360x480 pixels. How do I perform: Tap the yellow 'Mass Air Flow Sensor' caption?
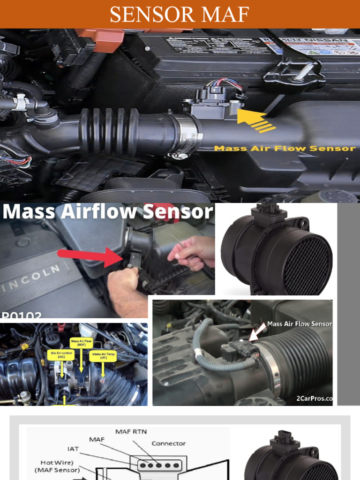[x=285, y=149]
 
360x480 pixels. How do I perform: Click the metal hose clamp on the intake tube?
[x=188, y=133]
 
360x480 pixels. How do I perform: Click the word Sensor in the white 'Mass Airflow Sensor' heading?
[x=178, y=212]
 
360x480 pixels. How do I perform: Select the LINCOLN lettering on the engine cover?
[x=33, y=279]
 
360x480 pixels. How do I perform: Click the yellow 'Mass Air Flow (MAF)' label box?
[x=81, y=343]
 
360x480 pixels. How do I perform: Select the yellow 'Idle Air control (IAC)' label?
[x=60, y=355]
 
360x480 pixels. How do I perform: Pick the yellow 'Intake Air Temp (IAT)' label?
[x=102, y=355]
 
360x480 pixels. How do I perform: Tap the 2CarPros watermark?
[x=314, y=399]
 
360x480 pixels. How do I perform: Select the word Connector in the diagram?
[x=168, y=443]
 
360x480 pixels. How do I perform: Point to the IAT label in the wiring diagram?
[x=73, y=449]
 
